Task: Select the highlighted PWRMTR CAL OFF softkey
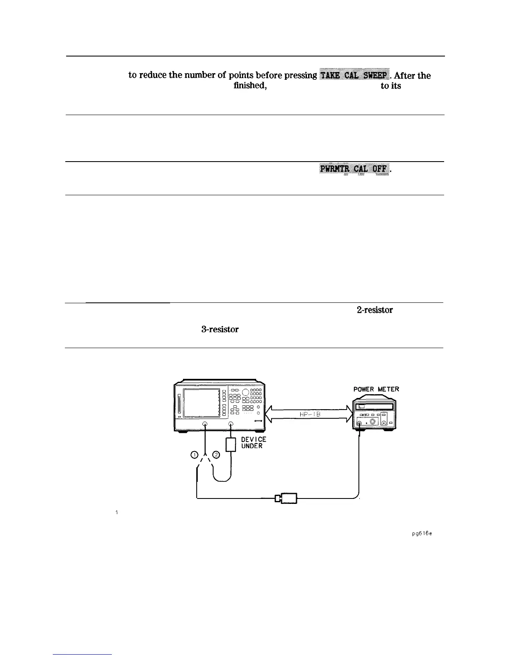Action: (355, 169)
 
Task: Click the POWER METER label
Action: (376, 389)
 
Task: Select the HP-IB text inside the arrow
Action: (308, 414)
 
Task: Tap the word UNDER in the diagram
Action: (252, 447)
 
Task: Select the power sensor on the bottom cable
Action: (286, 498)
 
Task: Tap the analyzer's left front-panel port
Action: (205, 424)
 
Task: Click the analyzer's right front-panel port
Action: (231, 424)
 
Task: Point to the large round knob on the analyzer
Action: (245, 393)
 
